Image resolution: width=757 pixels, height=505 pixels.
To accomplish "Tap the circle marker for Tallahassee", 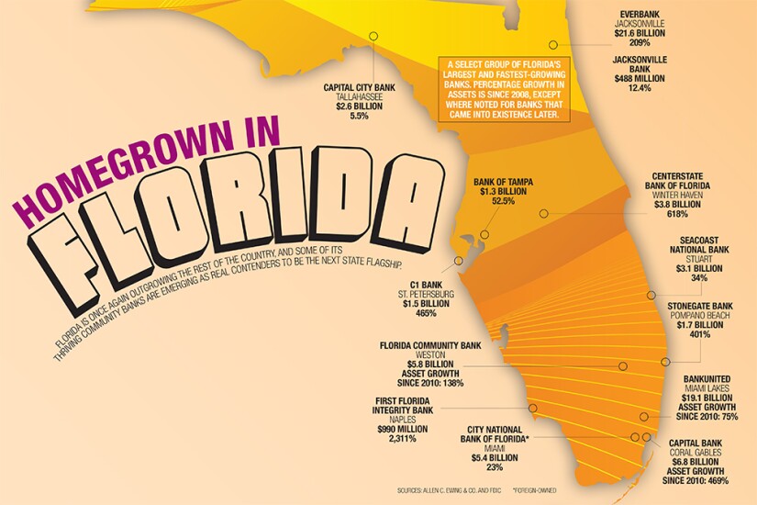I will point(373,37).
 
